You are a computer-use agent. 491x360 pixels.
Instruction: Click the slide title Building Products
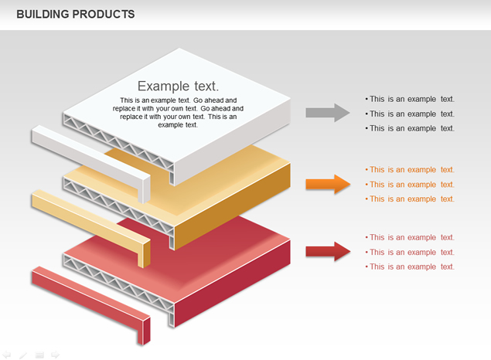(76, 14)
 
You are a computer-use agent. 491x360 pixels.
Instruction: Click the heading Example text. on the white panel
(178, 86)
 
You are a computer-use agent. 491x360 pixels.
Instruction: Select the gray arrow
(328, 113)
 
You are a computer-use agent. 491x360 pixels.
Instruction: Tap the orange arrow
(328, 184)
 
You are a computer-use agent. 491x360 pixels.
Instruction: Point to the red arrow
(328, 252)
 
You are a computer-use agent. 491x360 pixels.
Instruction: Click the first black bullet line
(410, 99)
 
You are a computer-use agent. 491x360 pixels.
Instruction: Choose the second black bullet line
(410, 114)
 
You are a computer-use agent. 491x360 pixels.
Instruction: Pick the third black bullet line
(410, 128)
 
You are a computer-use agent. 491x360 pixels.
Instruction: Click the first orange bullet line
(410, 169)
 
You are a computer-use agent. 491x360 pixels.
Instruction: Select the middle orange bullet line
(410, 185)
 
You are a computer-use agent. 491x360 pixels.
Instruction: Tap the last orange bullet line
(410, 199)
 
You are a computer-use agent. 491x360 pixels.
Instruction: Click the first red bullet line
(410, 237)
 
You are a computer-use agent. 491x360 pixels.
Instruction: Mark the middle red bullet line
(410, 252)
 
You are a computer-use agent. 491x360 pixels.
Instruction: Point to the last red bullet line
(410, 267)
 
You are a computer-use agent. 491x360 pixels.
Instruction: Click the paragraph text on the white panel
(178, 113)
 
